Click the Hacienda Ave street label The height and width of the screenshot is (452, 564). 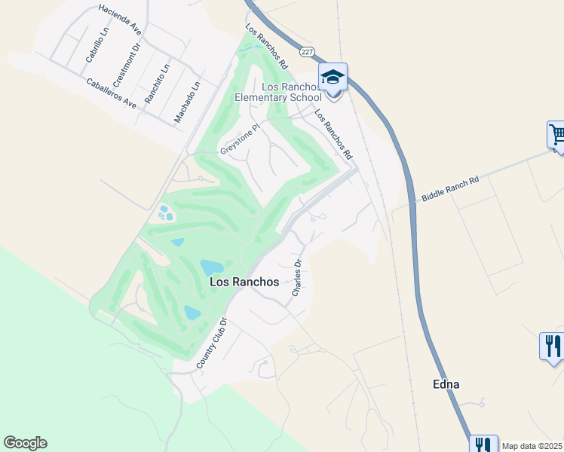point(120,20)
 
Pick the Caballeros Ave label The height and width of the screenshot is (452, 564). point(111,93)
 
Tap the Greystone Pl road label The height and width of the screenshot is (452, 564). point(240,139)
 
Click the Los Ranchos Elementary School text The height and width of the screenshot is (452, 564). point(279,92)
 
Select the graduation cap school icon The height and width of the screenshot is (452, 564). point(333,77)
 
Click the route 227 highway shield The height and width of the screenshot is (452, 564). point(306,51)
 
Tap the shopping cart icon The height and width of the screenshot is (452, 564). point(557,135)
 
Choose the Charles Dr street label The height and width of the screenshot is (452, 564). point(297,277)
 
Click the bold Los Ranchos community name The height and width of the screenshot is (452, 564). point(244,282)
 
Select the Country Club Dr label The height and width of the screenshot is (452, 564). point(212,343)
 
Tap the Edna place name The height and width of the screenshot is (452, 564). point(446,384)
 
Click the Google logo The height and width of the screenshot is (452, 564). point(25,443)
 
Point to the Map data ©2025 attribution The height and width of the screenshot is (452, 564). point(532,446)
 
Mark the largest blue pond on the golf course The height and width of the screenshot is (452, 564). point(212,267)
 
